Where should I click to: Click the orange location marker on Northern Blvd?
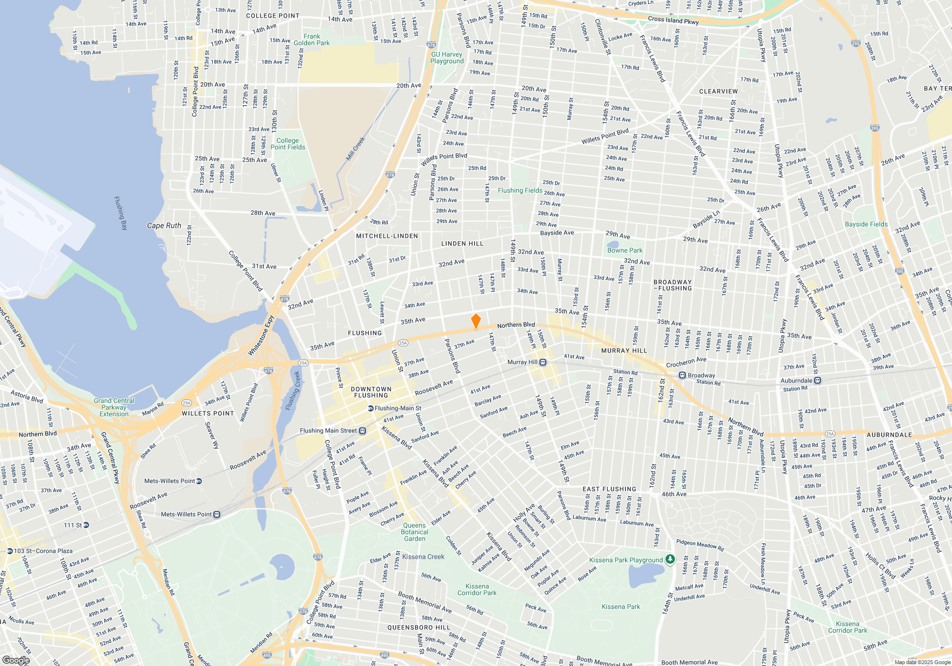(476, 321)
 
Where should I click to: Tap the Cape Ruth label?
(164, 225)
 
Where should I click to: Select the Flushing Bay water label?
(121, 213)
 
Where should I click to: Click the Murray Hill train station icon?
(543, 362)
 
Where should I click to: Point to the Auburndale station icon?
(817, 381)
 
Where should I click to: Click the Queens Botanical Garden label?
(415, 532)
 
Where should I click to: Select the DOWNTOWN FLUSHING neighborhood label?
(371, 392)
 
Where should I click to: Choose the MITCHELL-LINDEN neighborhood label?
(387, 236)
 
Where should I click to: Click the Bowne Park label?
(625, 250)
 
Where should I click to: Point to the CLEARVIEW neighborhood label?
(718, 91)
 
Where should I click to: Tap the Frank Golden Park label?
(312, 39)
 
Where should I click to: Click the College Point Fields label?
(288, 144)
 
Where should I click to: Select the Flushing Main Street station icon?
(362, 431)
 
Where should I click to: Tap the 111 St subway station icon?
(86, 525)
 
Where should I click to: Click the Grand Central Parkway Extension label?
(114, 407)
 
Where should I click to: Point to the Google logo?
(16, 660)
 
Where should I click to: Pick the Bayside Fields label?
(866, 224)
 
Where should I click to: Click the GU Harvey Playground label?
(447, 58)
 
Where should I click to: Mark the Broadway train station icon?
(682, 375)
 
